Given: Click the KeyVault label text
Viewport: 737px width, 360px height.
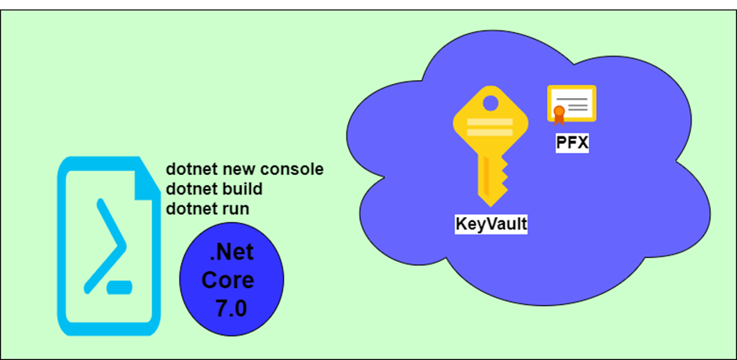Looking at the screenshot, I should [x=492, y=224].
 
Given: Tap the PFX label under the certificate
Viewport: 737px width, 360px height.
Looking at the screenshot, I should [x=573, y=144].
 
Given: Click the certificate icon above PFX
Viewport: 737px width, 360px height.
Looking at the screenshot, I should [x=572, y=104].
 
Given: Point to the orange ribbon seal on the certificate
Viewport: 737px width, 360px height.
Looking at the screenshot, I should [x=559, y=115].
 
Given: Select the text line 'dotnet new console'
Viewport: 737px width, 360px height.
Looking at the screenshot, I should [x=245, y=169].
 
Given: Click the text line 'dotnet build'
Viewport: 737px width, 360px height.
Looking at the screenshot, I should [x=213, y=189].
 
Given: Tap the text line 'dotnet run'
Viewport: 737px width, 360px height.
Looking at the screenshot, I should [x=208, y=209].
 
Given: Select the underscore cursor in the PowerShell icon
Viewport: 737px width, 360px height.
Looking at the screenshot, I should [x=118, y=287].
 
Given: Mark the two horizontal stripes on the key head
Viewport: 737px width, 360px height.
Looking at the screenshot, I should [x=490, y=127].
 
